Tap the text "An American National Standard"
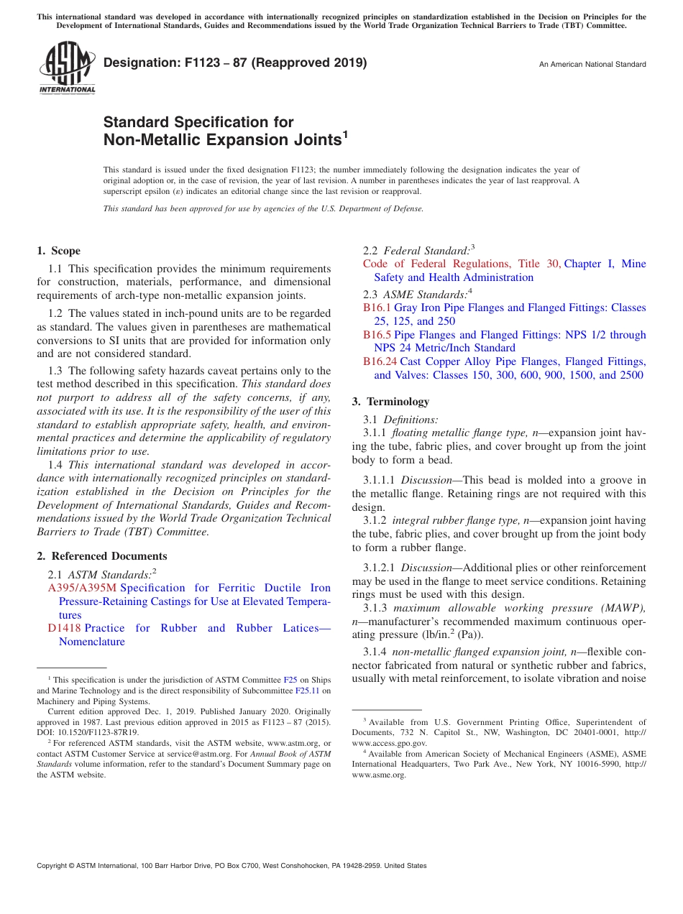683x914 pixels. [x=592, y=65]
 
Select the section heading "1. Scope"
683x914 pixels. [x=58, y=251]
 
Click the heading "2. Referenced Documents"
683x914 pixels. [x=102, y=556]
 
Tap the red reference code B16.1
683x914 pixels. [x=377, y=308]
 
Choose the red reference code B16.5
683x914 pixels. [x=377, y=335]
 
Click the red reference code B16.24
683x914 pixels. [x=380, y=361]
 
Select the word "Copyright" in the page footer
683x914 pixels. [x=54, y=866]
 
